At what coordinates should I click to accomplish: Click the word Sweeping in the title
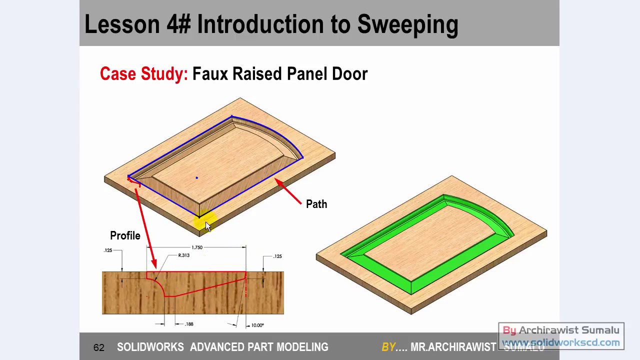(407, 24)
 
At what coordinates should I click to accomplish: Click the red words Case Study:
(143, 74)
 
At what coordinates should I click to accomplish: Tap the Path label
(316, 204)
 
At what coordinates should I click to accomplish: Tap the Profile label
(125, 235)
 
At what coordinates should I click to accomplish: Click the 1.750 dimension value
(197, 247)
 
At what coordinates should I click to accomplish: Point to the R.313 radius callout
(183, 255)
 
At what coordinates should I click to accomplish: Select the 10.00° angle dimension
(257, 325)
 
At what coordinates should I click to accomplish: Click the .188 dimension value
(189, 324)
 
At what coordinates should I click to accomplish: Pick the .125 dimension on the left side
(107, 250)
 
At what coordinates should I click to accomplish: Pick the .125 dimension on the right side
(277, 256)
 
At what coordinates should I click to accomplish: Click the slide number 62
(98, 347)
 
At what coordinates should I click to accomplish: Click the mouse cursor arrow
(208, 226)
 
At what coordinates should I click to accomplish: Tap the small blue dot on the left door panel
(196, 177)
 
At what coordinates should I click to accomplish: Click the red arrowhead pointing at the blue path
(278, 183)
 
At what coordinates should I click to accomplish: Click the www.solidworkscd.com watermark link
(560, 342)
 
